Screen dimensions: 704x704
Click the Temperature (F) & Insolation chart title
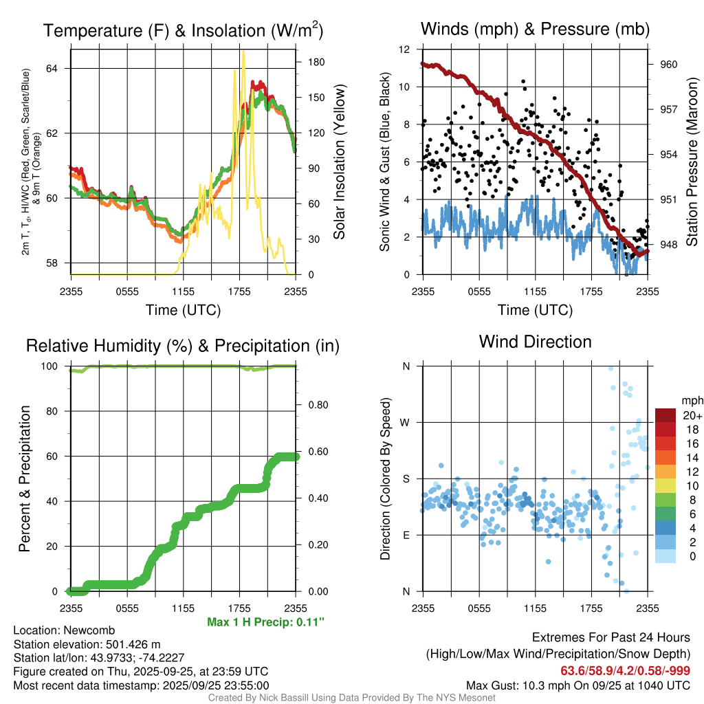point(183,31)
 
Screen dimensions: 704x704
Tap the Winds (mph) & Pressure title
point(535,30)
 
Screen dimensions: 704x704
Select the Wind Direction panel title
point(535,342)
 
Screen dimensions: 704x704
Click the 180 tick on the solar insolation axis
point(316,61)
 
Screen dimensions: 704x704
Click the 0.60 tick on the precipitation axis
point(316,452)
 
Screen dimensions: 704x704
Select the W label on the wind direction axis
point(406,422)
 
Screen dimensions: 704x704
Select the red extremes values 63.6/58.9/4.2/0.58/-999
point(625,671)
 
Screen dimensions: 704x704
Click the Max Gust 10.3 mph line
point(577,685)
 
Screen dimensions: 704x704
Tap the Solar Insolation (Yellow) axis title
point(339,162)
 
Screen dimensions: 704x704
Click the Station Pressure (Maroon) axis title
point(692,162)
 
